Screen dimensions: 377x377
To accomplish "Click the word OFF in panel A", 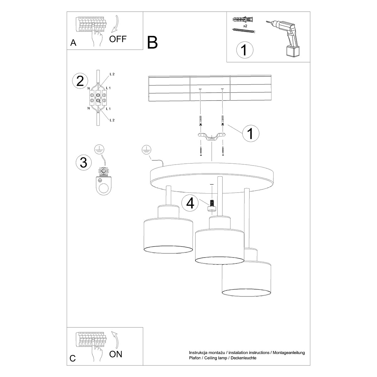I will (118, 39).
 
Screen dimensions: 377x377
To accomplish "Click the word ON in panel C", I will (116, 354).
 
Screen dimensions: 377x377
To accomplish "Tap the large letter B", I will (152, 42).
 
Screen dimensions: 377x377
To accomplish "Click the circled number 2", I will (80, 81).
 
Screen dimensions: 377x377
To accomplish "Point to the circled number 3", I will (84, 162).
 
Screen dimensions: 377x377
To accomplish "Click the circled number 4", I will (190, 203).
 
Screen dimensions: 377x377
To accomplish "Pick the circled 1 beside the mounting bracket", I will (250, 134).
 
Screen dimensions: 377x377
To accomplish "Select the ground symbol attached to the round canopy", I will (145, 150).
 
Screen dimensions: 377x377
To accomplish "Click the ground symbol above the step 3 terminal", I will (100, 149).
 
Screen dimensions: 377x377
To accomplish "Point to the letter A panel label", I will (73, 43).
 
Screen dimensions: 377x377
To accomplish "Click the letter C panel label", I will (73, 358).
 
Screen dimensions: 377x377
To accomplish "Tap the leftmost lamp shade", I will (168, 236).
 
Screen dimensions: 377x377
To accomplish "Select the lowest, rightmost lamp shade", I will (247, 278).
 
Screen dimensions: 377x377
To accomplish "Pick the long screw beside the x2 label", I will (244, 30).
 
